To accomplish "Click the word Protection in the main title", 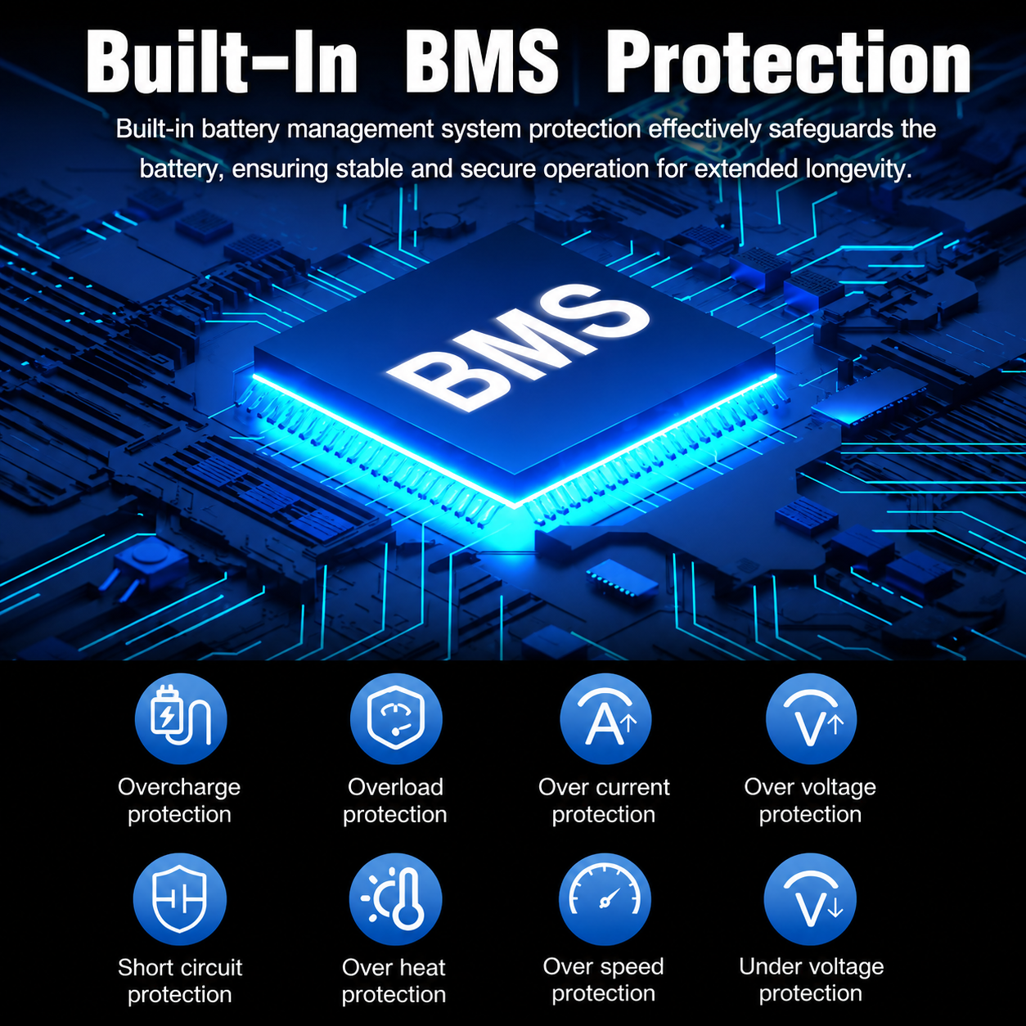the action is pyautogui.click(x=789, y=62).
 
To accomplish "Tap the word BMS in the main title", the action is pyautogui.click(x=481, y=62).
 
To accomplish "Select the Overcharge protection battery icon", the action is pyautogui.click(x=181, y=718).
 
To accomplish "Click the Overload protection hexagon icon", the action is pyautogui.click(x=396, y=718).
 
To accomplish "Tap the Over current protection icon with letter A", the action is pyautogui.click(x=605, y=718).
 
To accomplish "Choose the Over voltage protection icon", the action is pyautogui.click(x=811, y=718).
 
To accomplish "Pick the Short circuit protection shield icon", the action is pyautogui.click(x=180, y=898).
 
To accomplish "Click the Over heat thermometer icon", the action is pyautogui.click(x=396, y=898).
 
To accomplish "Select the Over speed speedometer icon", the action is pyautogui.click(x=605, y=898).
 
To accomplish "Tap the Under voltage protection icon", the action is pyautogui.click(x=810, y=898).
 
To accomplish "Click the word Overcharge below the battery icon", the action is pyautogui.click(x=179, y=788).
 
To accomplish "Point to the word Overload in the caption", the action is pyautogui.click(x=395, y=787).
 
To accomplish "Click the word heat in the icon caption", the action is pyautogui.click(x=419, y=967).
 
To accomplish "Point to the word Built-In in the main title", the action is pyautogui.click(x=222, y=62).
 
